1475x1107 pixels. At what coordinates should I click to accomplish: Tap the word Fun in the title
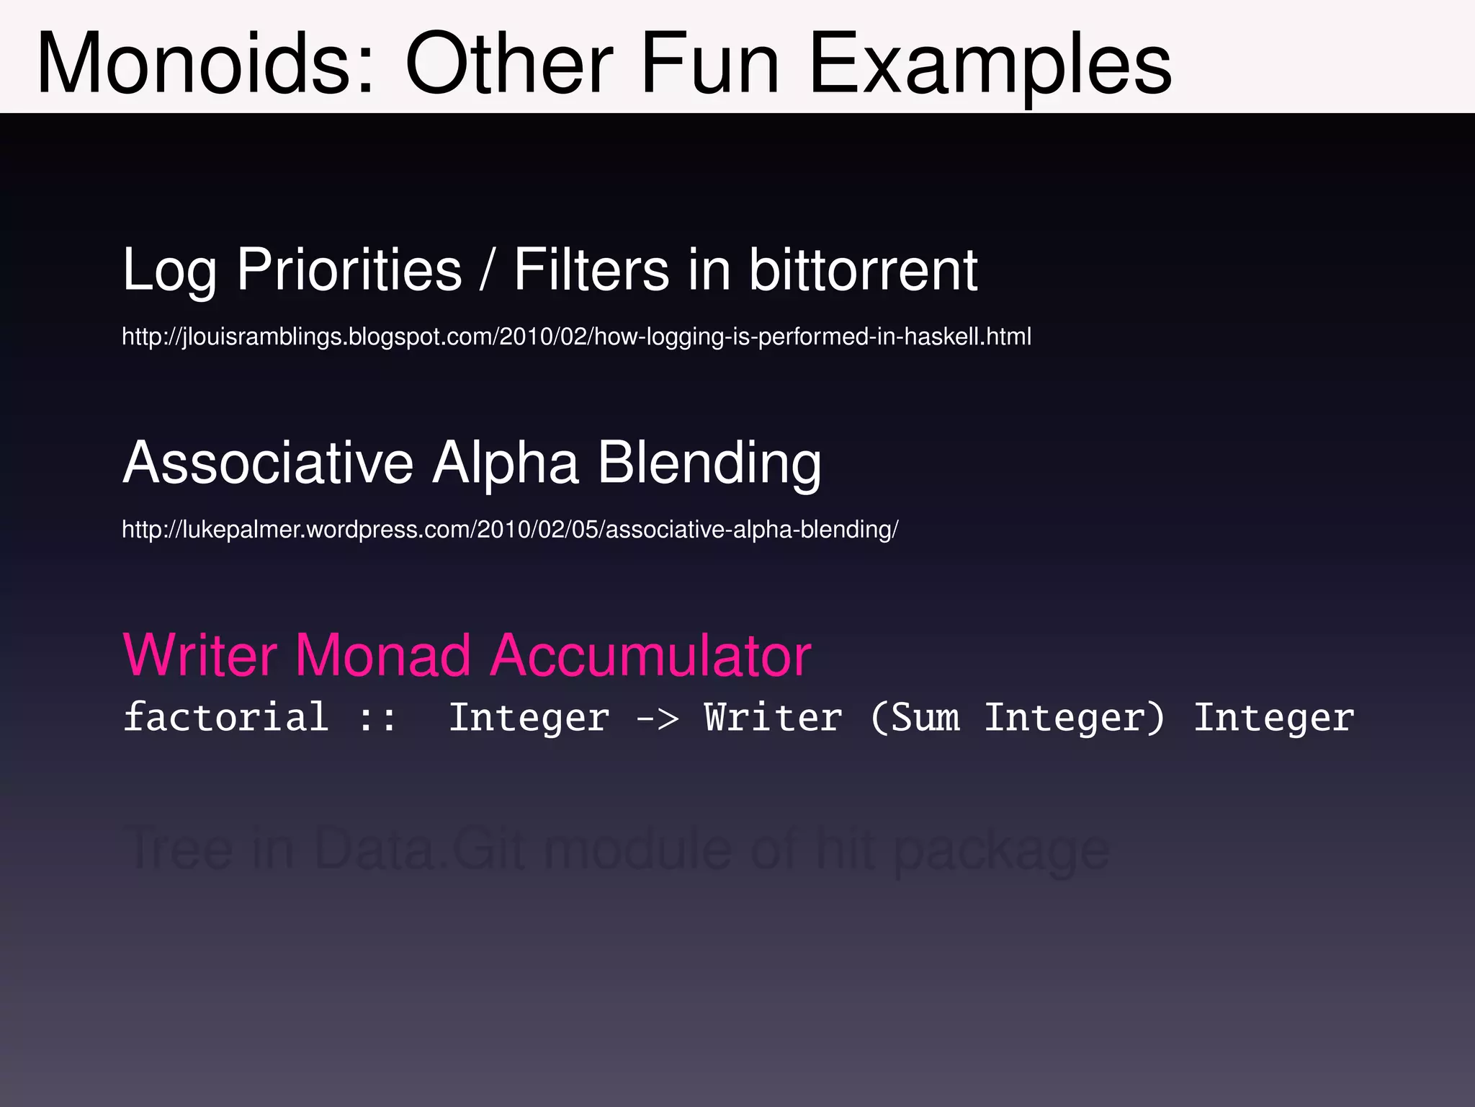point(709,65)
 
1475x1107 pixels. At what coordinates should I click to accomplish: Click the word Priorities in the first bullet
point(349,270)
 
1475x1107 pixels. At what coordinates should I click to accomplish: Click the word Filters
point(591,270)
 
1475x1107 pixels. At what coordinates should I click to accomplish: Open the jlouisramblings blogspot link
point(576,337)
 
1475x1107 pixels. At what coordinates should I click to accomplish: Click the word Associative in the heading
point(268,463)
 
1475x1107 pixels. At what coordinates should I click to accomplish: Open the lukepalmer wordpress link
point(510,530)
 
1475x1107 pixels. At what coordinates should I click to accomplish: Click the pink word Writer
point(200,655)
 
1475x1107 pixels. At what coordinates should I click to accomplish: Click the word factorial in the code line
point(226,718)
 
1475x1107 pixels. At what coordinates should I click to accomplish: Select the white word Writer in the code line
point(773,718)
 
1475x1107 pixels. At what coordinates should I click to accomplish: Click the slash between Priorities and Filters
point(488,270)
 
